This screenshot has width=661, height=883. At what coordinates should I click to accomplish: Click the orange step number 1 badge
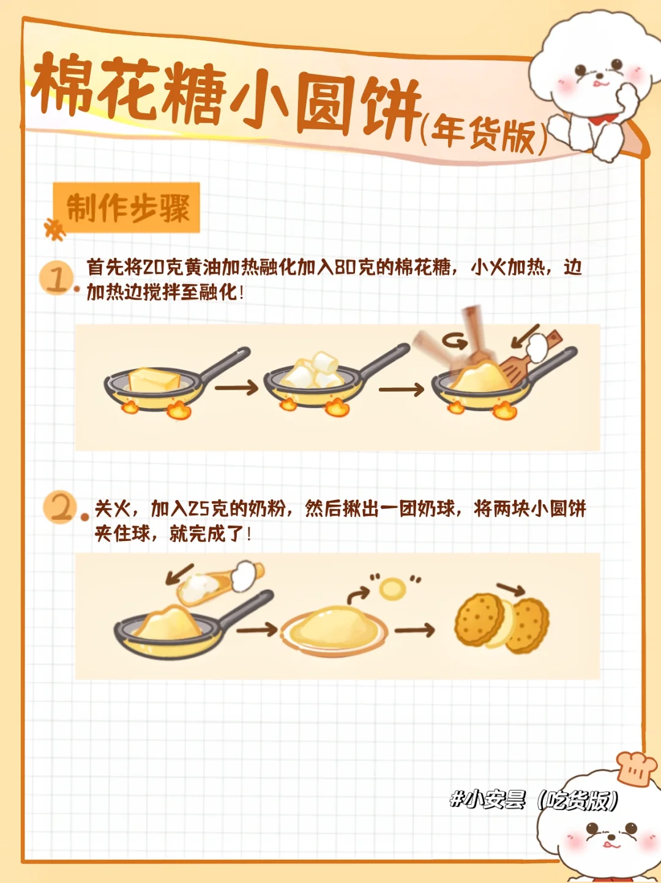tap(56, 278)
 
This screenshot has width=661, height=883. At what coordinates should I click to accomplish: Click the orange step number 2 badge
tap(61, 508)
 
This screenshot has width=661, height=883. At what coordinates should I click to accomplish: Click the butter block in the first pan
tap(154, 380)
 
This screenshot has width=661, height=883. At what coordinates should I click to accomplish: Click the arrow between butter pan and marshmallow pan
tap(237, 388)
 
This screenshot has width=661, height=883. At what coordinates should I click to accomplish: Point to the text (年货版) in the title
tap(483, 135)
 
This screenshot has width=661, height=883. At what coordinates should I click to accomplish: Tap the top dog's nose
tap(600, 75)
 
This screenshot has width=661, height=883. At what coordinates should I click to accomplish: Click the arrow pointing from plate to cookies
tap(414, 630)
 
